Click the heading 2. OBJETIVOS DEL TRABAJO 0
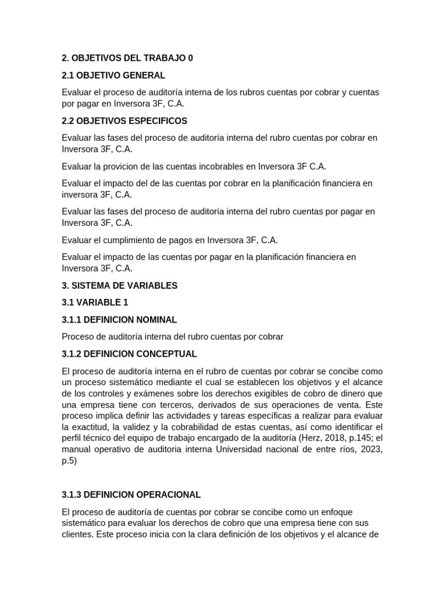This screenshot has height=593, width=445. [x=127, y=58]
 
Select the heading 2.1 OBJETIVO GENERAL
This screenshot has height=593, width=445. [x=114, y=75]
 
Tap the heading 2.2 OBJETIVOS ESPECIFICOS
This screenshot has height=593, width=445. [x=125, y=120]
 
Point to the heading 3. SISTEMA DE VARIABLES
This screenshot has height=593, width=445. [x=119, y=285]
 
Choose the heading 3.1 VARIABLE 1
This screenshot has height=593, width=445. [x=95, y=302]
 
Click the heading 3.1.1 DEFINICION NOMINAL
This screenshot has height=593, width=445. [x=119, y=320]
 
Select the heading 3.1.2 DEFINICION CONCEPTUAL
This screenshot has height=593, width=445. [x=129, y=353]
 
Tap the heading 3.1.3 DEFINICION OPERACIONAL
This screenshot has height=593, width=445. [x=131, y=495]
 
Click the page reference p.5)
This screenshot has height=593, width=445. [x=70, y=462]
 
